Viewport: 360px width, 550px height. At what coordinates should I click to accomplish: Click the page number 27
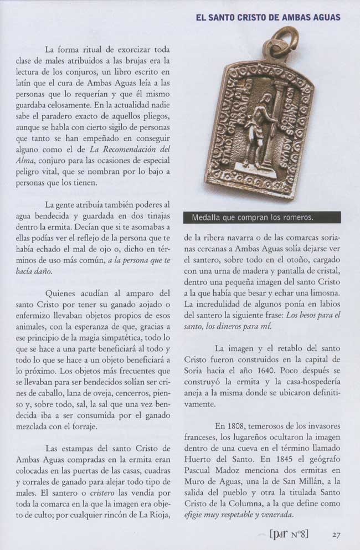tap(336, 534)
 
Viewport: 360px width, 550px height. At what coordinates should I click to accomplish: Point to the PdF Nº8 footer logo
tap(289, 534)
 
